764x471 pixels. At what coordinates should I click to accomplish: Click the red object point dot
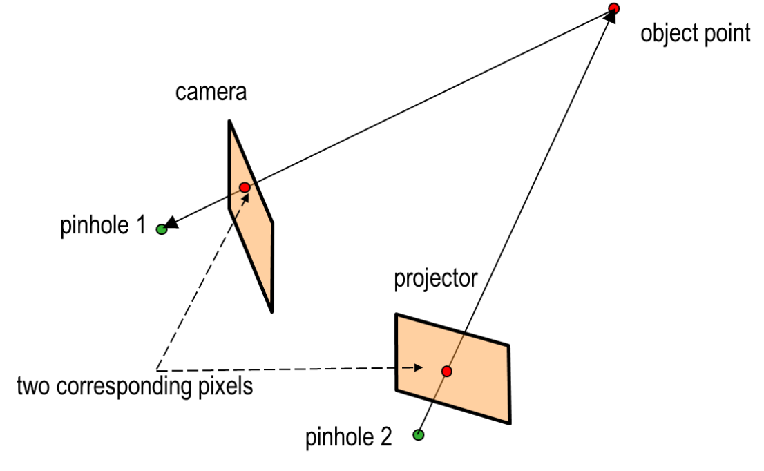click(613, 8)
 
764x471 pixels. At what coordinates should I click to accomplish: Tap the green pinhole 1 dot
click(162, 229)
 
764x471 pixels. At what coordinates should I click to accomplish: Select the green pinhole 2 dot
click(418, 434)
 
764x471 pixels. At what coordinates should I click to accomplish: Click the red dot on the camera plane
click(244, 187)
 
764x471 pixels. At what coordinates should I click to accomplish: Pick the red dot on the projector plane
click(446, 372)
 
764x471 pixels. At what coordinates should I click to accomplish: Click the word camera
click(210, 93)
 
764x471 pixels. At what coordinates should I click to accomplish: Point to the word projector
click(435, 279)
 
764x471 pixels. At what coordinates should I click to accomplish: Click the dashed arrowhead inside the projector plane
click(417, 368)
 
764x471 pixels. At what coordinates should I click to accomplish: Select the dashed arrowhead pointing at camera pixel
click(245, 200)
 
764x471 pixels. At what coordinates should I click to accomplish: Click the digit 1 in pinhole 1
click(140, 227)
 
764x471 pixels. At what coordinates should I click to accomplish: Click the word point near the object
click(725, 33)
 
